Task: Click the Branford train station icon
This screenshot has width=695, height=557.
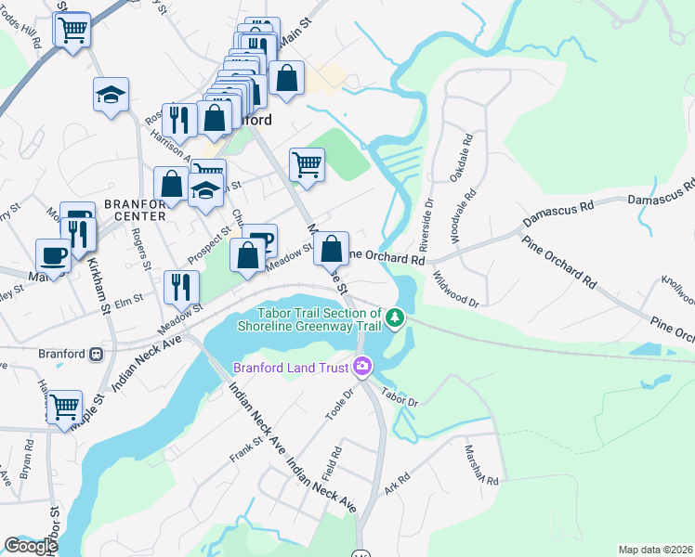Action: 95,354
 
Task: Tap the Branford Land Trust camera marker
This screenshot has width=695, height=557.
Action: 362,368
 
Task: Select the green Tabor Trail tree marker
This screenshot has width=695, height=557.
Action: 396,318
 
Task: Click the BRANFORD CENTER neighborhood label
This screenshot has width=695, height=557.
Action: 135,209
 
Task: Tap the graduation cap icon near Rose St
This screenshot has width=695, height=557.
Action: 111,95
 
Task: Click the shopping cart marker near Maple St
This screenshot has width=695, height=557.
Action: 64,406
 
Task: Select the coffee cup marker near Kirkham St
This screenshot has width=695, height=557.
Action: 53,254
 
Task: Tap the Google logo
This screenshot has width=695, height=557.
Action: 31,546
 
